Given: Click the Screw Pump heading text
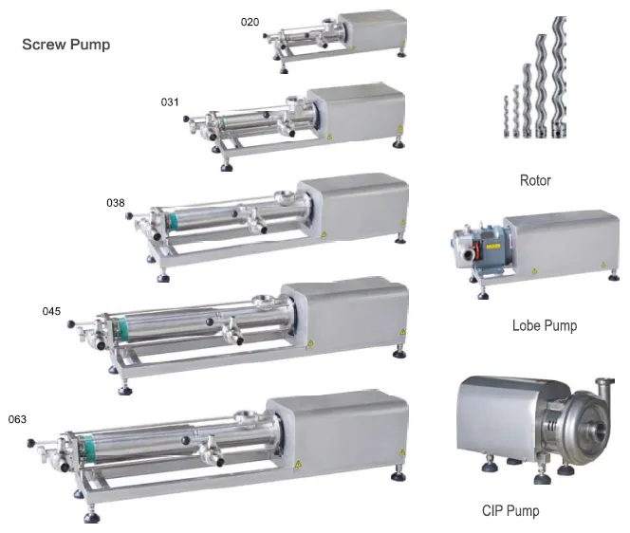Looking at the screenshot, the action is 65,45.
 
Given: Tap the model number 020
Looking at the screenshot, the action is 250,22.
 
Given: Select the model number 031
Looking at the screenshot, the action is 170,102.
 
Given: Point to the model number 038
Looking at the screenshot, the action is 116,203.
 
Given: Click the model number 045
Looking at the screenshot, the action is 51,311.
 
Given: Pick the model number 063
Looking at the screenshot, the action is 17,419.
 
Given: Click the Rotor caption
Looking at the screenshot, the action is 535,180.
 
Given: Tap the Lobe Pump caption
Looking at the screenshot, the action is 545,325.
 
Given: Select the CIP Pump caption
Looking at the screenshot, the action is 510,510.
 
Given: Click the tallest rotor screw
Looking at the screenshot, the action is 559,76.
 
